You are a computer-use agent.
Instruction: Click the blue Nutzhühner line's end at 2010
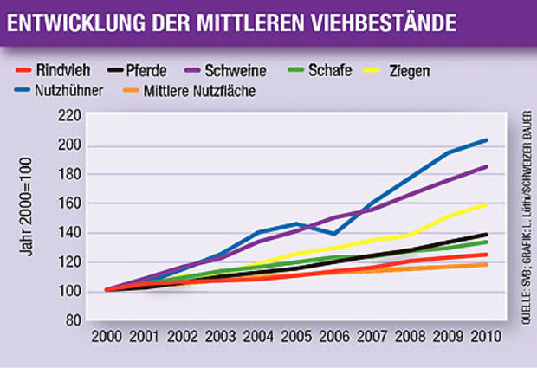(486, 140)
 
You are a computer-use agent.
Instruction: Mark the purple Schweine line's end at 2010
(486, 167)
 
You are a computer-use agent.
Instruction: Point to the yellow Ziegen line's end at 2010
(486, 204)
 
